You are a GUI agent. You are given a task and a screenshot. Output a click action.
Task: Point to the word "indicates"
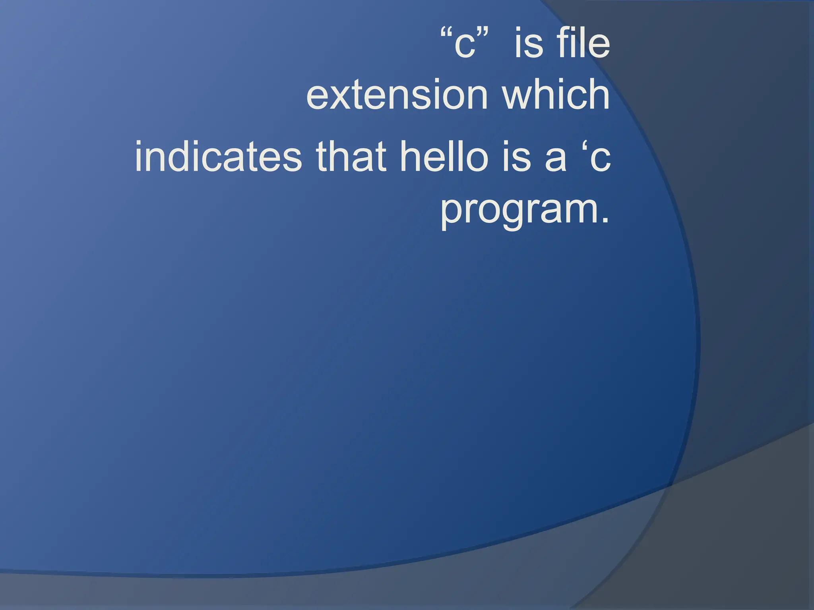[x=218, y=156]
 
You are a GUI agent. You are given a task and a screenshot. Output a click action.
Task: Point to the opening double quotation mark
[x=447, y=33]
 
